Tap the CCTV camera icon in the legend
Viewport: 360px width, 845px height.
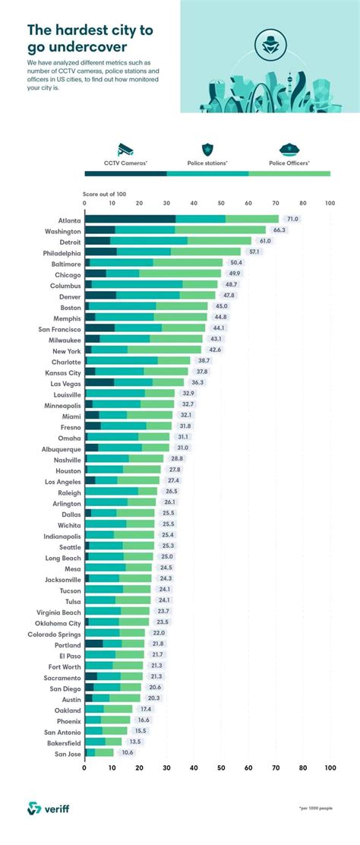point(125,149)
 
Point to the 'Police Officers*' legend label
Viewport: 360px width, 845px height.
point(289,163)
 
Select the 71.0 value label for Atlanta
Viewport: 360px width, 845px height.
point(293,219)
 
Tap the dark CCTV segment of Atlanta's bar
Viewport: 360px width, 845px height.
point(130,219)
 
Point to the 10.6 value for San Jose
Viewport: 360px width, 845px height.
point(127,752)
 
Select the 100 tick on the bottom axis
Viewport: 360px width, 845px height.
point(330,768)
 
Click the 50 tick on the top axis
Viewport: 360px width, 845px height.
point(221,204)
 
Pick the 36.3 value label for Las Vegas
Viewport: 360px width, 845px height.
point(197,383)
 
